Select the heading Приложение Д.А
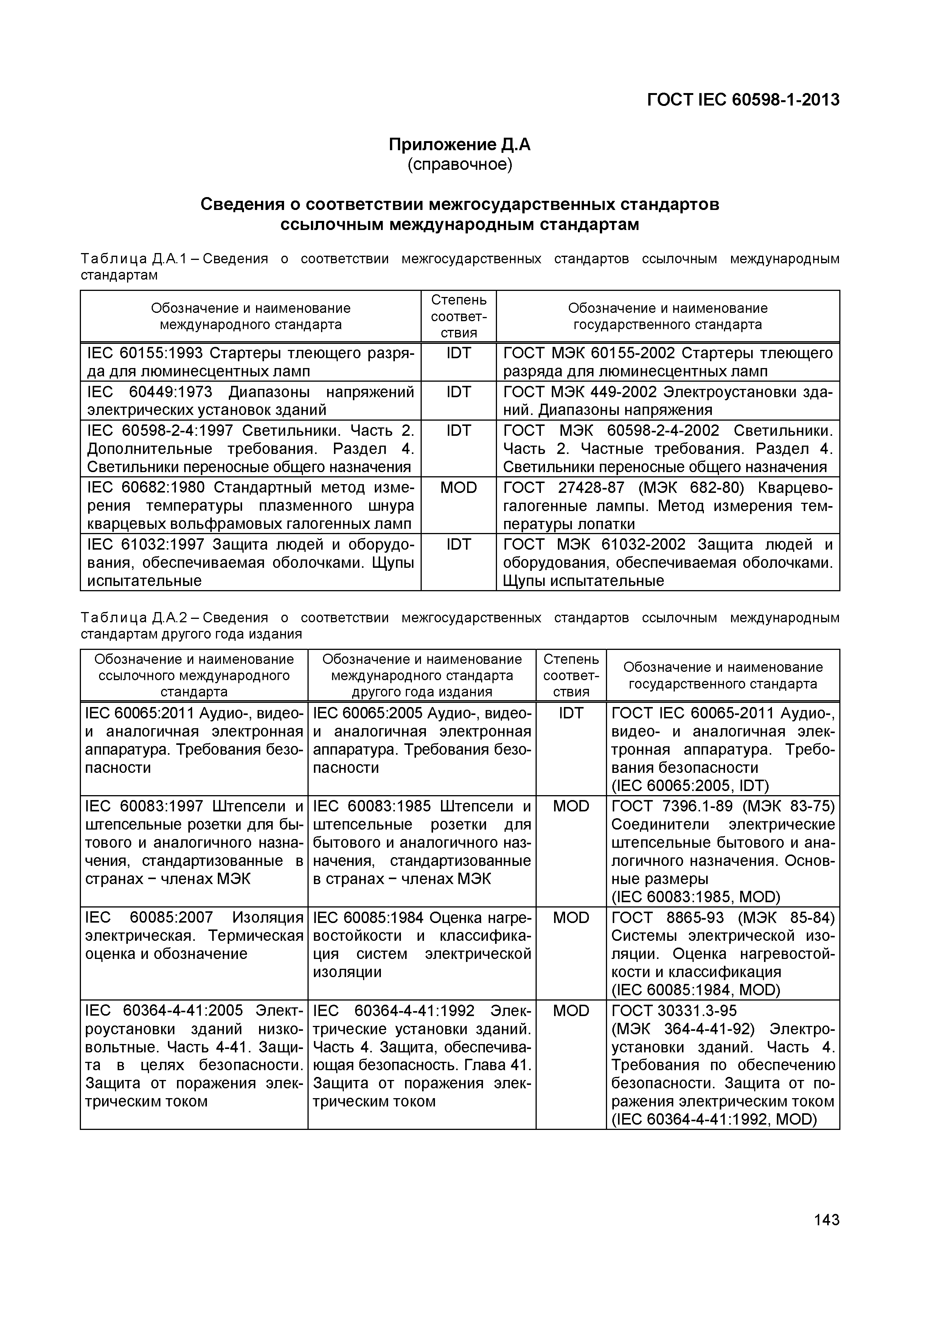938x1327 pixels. pyautogui.click(x=460, y=145)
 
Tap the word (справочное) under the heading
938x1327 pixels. pyautogui.click(x=460, y=165)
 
